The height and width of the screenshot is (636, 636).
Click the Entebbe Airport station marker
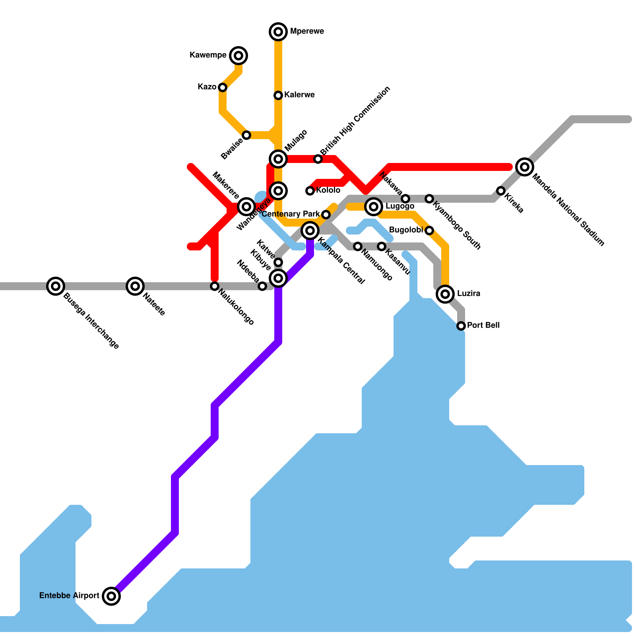click(x=111, y=596)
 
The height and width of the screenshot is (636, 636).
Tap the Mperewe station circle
click(x=278, y=31)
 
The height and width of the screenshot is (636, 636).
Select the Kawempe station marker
click(x=238, y=56)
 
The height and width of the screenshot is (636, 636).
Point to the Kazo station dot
click(x=223, y=87)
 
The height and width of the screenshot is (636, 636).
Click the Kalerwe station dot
click(x=278, y=95)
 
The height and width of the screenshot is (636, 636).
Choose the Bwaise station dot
click(x=246, y=135)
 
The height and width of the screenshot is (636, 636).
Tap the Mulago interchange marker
click(x=278, y=159)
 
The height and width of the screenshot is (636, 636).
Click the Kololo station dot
click(x=310, y=191)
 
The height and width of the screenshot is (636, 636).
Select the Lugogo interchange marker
click(x=374, y=206)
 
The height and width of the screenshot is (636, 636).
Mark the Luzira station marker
click(x=445, y=294)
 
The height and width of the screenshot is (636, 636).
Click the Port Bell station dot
click(x=461, y=326)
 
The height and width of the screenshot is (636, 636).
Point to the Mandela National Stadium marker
click(x=525, y=167)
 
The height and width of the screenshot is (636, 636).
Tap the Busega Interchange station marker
click(x=56, y=286)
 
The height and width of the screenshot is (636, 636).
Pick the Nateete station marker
click(x=135, y=286)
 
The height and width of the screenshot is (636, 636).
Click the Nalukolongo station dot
click(x=215, y=286)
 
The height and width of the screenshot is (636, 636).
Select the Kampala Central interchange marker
click(x=310, y=231)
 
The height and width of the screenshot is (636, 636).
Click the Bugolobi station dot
click(x=429, y=231)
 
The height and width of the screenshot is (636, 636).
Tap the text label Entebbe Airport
click(x=69, y=595)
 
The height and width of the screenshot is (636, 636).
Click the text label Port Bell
click(x=483, y=325)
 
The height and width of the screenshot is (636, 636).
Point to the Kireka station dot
click(x=501, y=191)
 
